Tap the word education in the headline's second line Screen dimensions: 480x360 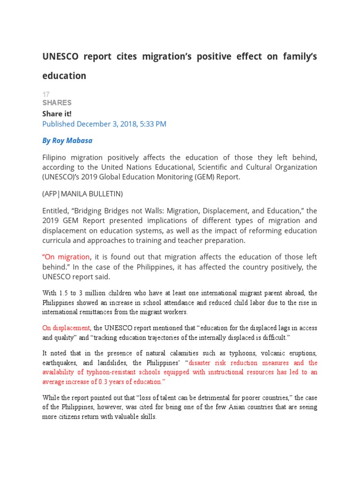pyautogui.click(x=64, y=76)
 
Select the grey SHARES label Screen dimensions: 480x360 pyautogui.click(x=57, y=103)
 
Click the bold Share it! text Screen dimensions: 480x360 pyautogui.click(x=57, y=113)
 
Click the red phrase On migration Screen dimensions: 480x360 pyautogui.click(x=66, y=257)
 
